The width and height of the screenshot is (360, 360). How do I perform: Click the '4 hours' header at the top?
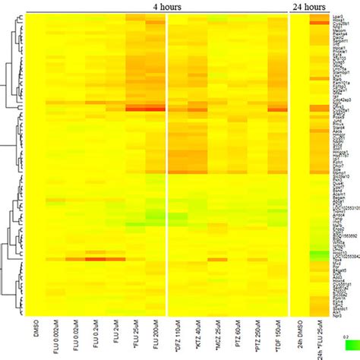pyautogui.click(x=166, y=6)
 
